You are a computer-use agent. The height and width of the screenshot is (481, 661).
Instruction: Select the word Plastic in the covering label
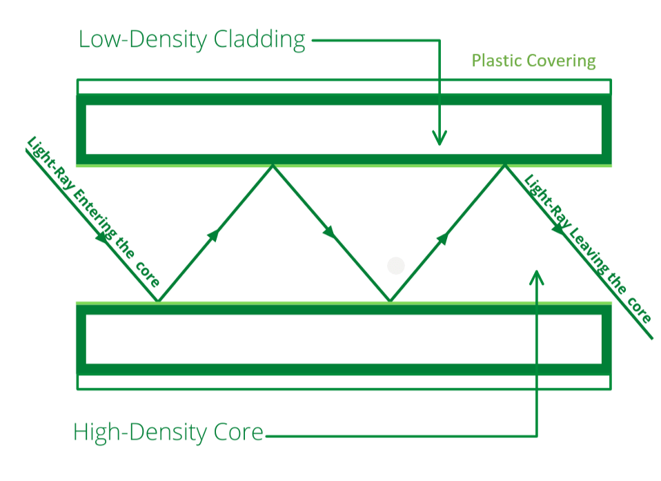[496, 61]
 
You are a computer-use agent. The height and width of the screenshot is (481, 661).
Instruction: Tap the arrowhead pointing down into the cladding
[439, 138]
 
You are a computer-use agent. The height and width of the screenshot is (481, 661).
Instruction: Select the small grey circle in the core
[395, 266]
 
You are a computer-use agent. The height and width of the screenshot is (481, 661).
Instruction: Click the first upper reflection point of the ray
[273, 165]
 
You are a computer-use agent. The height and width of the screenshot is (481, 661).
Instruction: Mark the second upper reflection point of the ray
[505, 165]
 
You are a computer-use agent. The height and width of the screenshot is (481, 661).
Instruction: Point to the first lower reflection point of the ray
[158, 302]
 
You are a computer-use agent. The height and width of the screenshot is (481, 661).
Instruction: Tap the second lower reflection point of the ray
[390, 302]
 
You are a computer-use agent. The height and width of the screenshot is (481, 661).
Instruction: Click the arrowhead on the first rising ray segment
[214, 235]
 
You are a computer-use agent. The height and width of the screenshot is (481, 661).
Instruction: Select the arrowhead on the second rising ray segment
[444, 237]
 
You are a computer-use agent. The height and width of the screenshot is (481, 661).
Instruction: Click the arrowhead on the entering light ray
[102, 237]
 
